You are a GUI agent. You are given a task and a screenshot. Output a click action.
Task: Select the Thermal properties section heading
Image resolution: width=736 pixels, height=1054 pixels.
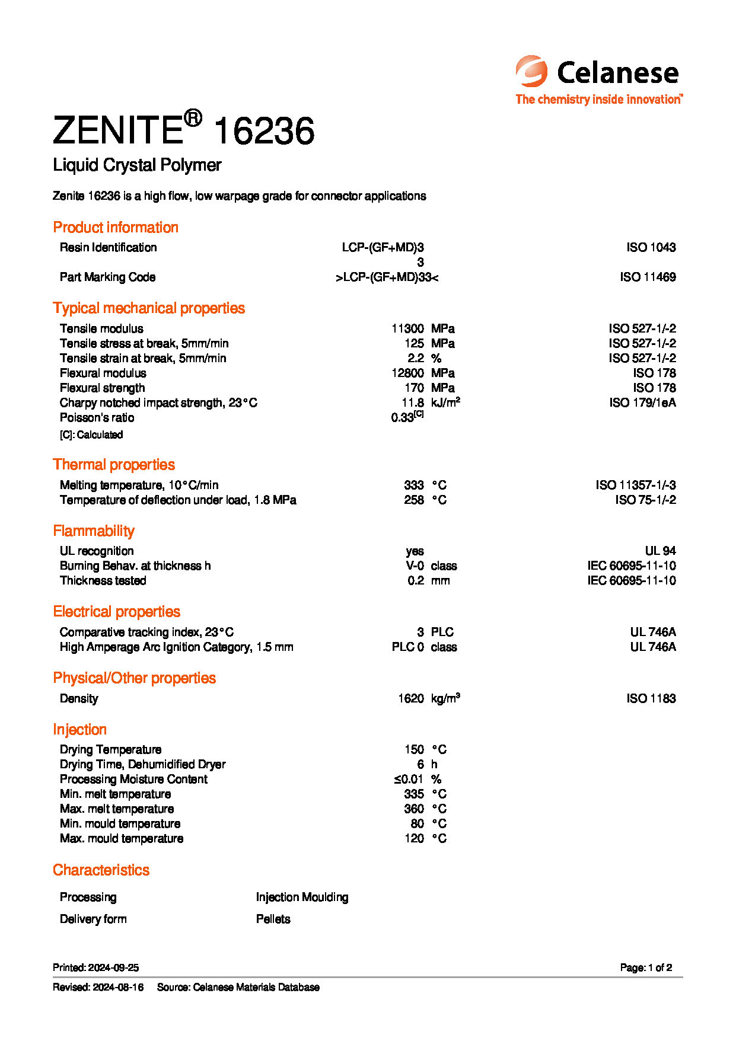[114, 464]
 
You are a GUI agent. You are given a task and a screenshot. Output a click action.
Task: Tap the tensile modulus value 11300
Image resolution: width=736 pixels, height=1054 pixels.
[407, 328]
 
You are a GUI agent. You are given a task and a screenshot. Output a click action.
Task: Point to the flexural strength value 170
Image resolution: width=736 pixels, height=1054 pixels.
[414, 388]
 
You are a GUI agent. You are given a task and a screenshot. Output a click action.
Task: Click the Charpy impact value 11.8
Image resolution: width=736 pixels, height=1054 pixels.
[413, 403]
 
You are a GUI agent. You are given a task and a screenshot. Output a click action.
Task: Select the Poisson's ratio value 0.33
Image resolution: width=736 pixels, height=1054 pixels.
[402, 417]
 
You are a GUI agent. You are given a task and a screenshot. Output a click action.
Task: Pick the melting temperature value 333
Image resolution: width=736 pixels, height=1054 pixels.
[414, 485]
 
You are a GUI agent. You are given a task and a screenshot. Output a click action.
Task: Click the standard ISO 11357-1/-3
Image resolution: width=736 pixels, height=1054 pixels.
[636, 485]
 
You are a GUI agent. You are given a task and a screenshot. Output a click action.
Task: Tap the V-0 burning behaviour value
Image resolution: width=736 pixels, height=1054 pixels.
[415, 566]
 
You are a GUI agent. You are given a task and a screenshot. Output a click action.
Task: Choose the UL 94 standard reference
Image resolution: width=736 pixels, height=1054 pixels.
[660, 551]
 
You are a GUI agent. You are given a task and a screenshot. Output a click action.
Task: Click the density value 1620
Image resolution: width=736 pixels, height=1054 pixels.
[411, 698]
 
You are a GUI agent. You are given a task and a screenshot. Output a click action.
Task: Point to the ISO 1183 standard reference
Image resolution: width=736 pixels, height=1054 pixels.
[651, 698]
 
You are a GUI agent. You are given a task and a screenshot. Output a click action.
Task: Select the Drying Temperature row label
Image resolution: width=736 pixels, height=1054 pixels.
[110, 749]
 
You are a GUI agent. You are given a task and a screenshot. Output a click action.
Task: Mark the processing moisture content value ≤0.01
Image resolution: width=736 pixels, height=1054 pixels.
[408, 779]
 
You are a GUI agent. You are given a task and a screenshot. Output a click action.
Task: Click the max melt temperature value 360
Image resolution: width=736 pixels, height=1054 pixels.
[414, 809]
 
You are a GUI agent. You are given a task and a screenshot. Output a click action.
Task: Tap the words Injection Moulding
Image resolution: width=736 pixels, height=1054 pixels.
[302, 897]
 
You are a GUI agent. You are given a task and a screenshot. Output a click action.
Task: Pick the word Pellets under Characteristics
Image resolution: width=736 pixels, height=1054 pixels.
[273, 919]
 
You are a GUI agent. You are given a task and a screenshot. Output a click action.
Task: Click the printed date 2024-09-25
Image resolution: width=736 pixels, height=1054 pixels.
[113, 967]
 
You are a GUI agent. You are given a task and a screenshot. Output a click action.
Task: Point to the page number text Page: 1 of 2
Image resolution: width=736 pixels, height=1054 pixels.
[646, 967]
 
